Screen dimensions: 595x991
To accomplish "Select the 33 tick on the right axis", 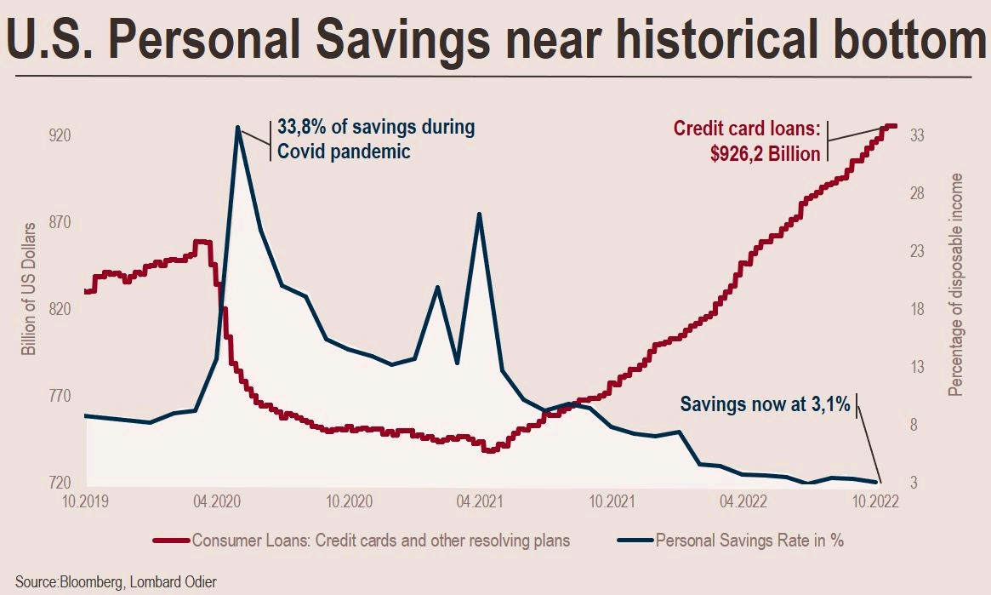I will pyautogui.click(x=918, y=136).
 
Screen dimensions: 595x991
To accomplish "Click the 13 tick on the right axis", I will pyautogui.click(x=918, y=368).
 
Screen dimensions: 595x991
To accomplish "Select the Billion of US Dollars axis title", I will pyautogui.click(x=29, y=289).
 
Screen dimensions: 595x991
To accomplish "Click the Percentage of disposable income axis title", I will pyautogui.click(x=957, y=285).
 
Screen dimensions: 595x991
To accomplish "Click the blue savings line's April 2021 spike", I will pyautogui.click(x=480, y=214).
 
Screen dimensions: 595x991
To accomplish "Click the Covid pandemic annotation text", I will pyautogui.click(x=345, y=152).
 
